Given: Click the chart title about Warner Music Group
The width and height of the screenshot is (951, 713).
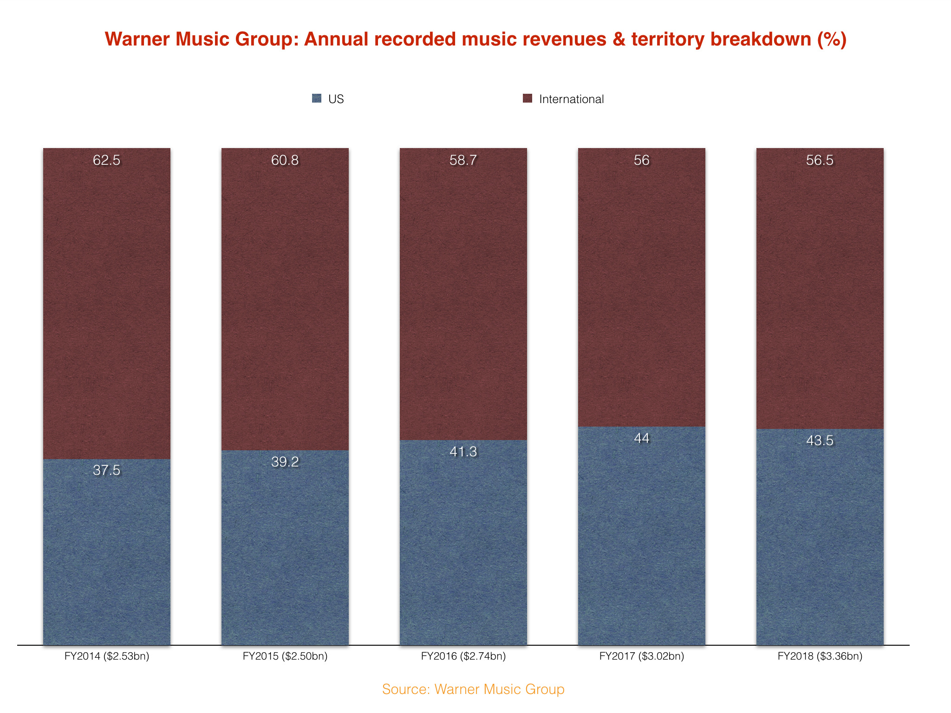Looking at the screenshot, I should click(475, 39).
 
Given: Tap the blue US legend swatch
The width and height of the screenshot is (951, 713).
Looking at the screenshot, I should click(317, 98).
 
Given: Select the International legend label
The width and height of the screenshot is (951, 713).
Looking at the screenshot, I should click(571, 99).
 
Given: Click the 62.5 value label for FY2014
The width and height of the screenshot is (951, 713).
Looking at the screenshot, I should click(106, 160).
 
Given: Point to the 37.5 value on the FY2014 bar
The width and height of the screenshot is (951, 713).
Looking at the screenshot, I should click(106, 470).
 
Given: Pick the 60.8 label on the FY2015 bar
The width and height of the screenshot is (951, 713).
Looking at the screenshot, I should click(285, 160).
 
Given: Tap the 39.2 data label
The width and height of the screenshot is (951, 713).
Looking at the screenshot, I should click(285, 462).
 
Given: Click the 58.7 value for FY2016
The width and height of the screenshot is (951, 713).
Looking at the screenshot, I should click(463, 160).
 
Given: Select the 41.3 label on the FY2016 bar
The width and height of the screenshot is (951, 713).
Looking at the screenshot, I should click(463, 452).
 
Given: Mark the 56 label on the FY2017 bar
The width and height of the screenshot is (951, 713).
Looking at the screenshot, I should click(641, 160).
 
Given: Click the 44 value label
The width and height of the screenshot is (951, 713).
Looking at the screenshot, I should click(641, 438).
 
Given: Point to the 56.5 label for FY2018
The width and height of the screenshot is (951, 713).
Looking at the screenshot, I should click(820, 160).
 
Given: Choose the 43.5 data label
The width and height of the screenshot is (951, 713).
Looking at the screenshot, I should click(820, 441).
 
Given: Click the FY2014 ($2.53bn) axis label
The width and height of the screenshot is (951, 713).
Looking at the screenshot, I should click(107, 656).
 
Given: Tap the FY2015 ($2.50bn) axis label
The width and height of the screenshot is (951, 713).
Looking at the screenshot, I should click(285, 656).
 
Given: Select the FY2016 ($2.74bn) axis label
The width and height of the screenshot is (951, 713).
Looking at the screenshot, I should click(463, 656).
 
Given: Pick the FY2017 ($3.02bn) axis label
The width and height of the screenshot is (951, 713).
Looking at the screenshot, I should click(642, 656).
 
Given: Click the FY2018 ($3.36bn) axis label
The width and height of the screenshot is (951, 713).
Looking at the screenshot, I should click(820, 656).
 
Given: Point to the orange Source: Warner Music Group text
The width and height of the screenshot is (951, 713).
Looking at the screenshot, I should click(473, 689).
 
